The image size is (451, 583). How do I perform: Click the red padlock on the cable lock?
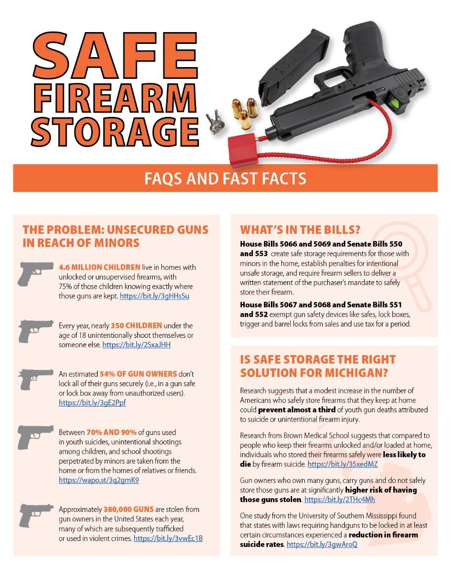point(242,150)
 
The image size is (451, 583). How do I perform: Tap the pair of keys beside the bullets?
point(216,122)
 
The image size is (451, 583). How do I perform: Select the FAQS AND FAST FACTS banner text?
point(225,179)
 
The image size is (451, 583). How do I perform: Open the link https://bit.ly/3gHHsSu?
point(154,296)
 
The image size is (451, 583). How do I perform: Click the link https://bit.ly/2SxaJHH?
point(137,345)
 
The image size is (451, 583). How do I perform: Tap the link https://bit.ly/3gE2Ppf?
point(92,402)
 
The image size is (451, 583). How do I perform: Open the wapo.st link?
point(99,480)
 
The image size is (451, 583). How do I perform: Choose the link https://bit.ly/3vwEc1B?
point(168,539)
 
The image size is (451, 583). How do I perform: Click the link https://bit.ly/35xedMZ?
point(343,464)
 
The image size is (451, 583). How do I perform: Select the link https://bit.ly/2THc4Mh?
point(340,499)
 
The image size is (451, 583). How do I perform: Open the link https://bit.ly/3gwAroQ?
point(322,545)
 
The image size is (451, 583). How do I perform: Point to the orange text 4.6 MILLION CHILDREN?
point(99,267)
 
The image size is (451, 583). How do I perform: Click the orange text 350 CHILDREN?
point(137,326)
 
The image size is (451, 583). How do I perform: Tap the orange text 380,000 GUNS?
point(128,510)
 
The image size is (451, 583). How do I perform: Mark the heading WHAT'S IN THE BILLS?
point(301,230)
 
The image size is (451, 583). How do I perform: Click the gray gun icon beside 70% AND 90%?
point(35,437)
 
